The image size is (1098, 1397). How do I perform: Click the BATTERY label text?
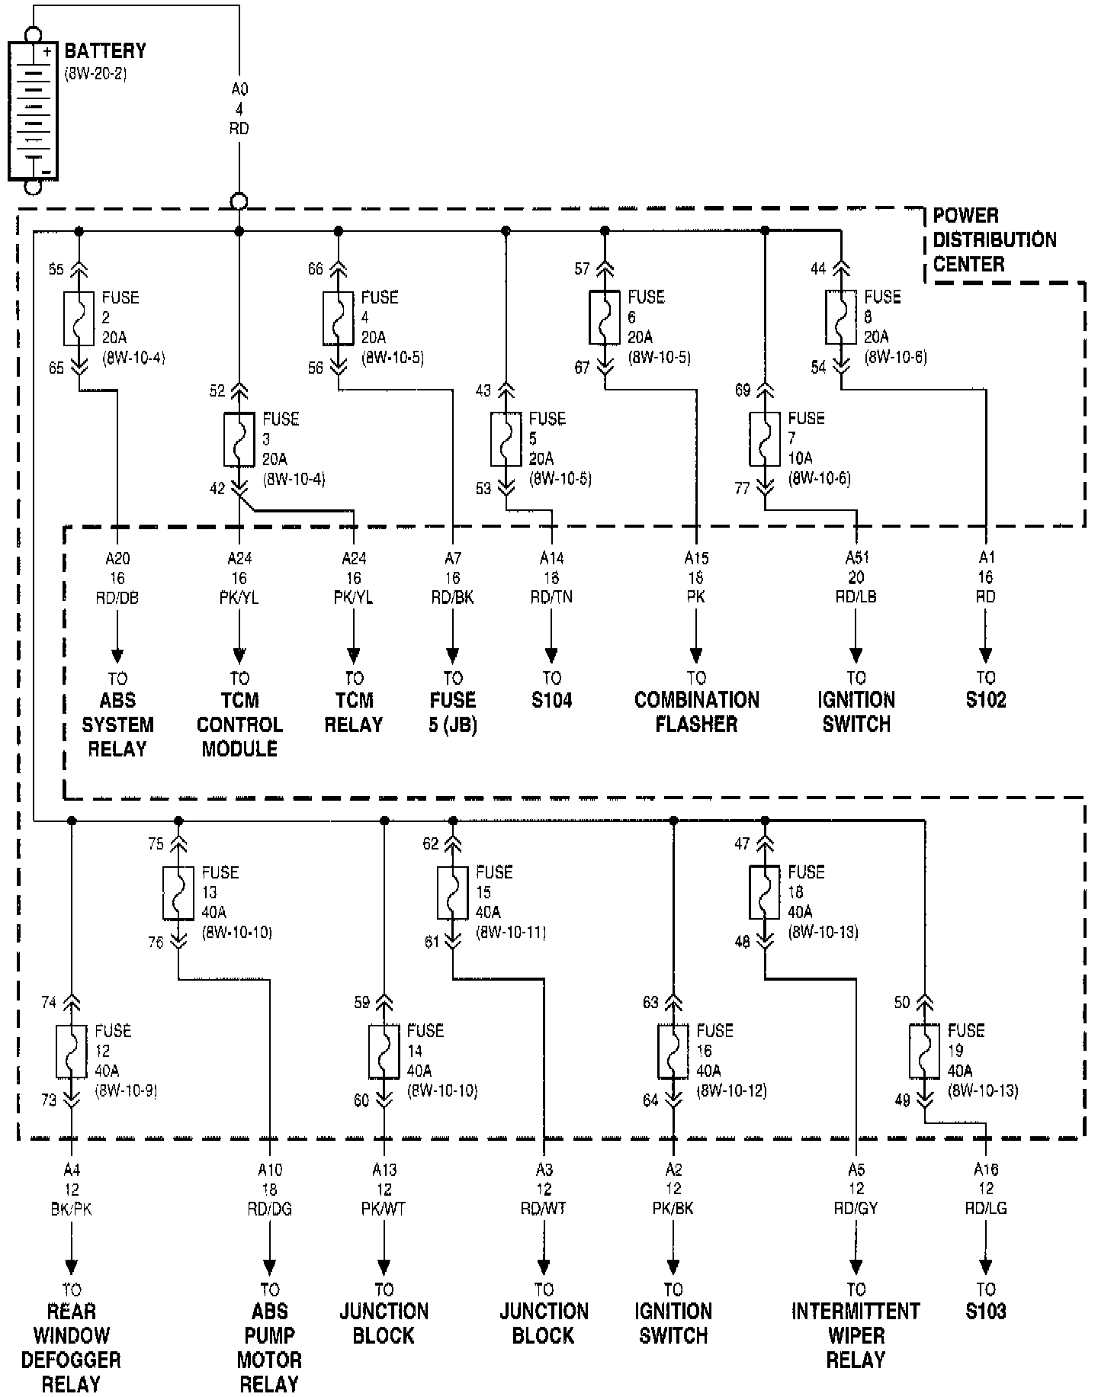[105, 52]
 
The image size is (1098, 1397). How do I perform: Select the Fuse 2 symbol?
[79, 318]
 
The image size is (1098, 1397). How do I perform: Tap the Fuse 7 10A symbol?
[765, 439]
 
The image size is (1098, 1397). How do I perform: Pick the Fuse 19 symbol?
[924, 1052]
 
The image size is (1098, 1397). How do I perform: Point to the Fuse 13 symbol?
[178, 893]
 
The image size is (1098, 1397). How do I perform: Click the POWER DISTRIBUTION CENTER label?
[994, 239]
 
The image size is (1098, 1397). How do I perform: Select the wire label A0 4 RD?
[239, 109]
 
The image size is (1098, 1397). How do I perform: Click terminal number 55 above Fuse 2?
[56, 269]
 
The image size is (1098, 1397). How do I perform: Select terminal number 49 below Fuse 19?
[903, 1100]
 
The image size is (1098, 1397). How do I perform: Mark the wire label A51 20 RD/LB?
[856, 577]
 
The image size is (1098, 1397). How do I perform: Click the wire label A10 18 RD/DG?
[269, 1189]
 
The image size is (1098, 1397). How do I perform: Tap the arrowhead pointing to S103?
[985, 1267]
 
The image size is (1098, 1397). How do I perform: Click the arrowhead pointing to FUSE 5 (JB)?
[453, 655]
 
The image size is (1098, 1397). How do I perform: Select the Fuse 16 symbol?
[673, 1052]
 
